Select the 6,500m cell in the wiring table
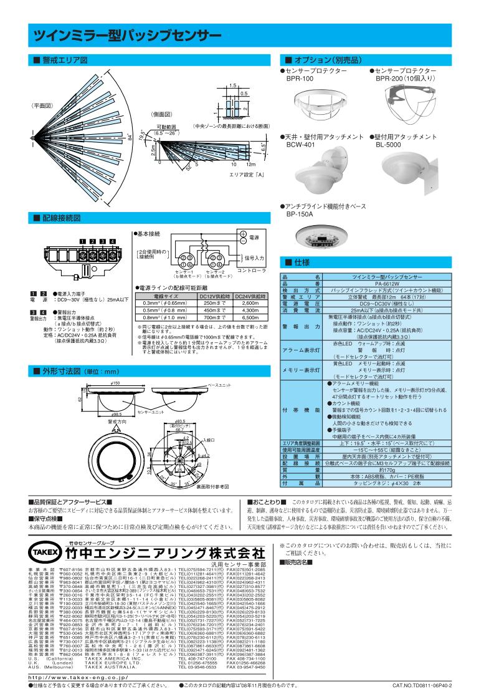coord(249,317)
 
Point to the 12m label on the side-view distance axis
coord(250,163)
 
